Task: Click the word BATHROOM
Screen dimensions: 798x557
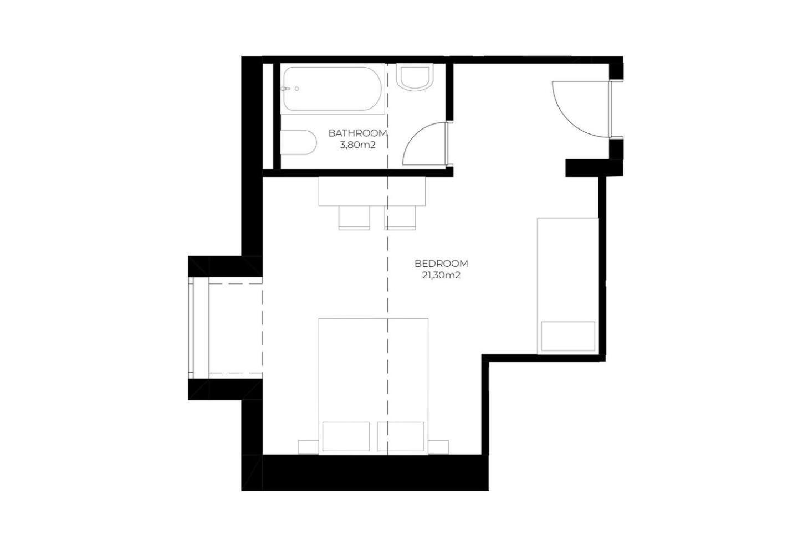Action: point(357,133)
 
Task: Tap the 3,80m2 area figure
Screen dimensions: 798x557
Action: point(357,145)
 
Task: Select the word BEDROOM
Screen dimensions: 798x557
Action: point(441,264)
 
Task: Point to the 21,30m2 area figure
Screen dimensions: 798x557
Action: point(441,276)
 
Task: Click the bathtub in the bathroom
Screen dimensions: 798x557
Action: point(332,89)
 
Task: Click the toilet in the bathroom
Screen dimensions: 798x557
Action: point(298,142)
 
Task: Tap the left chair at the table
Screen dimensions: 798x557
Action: point(354,218)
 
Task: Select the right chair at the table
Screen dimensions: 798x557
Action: point(400,218)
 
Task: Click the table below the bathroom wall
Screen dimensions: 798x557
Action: point(372,191)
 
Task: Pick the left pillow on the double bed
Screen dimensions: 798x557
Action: point(346,436)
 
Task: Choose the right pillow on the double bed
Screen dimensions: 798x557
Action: point(401,436)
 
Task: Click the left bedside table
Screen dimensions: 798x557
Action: point(308,447)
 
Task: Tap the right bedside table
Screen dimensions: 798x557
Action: point(438,447)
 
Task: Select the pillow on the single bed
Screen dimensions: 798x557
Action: point(568,336)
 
